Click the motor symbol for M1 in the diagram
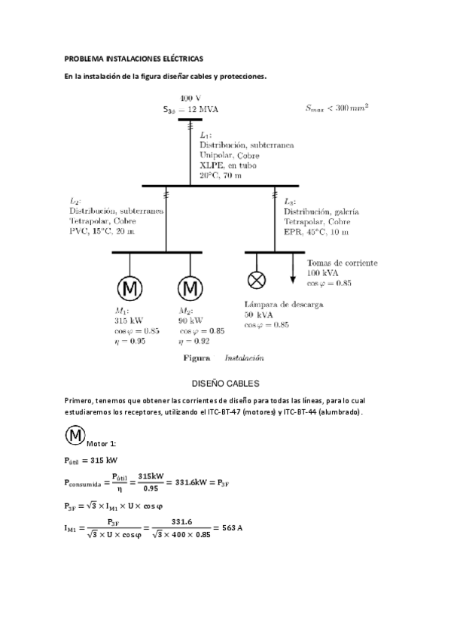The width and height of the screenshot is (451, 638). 130,288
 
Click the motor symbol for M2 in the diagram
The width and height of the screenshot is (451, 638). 190,288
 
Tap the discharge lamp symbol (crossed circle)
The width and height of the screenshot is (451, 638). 257,280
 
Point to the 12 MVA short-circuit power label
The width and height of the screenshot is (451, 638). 191,109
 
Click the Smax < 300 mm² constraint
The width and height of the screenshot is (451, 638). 337,108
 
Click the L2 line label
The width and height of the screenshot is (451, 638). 75,202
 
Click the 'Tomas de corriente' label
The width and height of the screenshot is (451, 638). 342,263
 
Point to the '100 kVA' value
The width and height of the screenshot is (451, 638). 323,273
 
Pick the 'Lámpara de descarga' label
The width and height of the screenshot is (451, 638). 283,305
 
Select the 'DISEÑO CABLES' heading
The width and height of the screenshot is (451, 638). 225,383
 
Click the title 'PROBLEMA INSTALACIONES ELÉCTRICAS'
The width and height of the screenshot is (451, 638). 133,58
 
